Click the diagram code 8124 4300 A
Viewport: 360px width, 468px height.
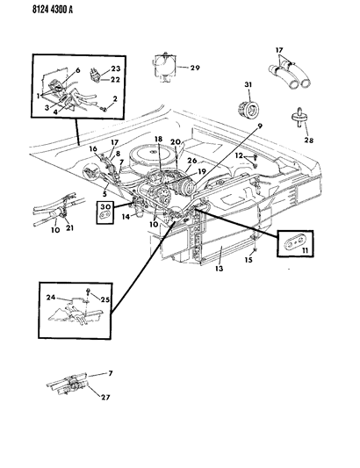[52, 10]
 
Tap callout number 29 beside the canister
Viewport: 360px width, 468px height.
[195, 68]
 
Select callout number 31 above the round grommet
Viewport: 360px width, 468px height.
[248, 85]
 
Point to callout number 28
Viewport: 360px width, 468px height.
[309, 140]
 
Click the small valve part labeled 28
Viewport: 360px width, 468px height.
[299, 118]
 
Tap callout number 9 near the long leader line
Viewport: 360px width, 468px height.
[260, 126]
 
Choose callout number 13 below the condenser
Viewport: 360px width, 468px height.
[219, 269]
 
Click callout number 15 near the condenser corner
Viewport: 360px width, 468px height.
[248, 260]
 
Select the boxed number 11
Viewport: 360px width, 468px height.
[305, 251]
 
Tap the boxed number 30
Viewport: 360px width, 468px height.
[105, 206]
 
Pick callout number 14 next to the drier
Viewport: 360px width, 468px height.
[126, 217]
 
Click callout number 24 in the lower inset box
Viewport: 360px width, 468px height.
[51, 298]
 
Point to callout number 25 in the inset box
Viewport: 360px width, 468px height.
[105, 299]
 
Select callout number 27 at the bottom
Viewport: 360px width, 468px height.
[105, 397]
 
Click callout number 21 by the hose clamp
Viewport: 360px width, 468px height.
[69, 228]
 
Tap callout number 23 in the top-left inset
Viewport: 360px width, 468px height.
[116, 68]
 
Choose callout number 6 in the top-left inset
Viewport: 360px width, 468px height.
[78, 70]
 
